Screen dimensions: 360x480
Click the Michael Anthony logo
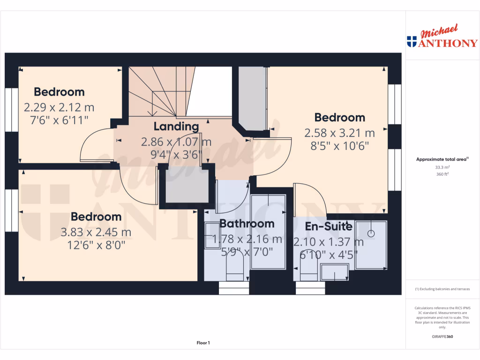[x=442, y=37]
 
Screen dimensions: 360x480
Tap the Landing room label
[x=176, y=127]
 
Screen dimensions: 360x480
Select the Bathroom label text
[x=247, y=223]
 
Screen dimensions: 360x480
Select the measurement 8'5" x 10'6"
[x=339, y=146]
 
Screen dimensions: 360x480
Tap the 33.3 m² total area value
[x=442, y=167]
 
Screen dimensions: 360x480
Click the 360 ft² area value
[x=442, y=174]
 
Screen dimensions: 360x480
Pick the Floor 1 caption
[x=203, y=343]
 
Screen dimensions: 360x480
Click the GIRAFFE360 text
[x=442, y=337]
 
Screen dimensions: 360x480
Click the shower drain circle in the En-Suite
[x=371, y=233]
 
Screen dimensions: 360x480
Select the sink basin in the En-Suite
[x=335, y=272]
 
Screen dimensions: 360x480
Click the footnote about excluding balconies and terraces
[x=442, y=289]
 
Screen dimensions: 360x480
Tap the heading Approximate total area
[x=442, y=159]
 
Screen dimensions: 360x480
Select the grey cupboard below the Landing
[x=183, y=187]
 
